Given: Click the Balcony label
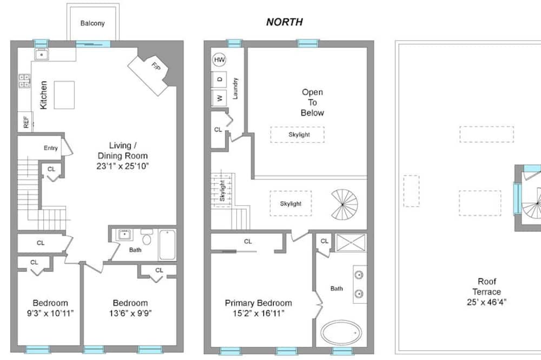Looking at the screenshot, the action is tap(93, 23).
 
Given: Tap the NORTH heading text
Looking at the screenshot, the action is tap(285, 22).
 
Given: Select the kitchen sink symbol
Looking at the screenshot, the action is tap(42, 55).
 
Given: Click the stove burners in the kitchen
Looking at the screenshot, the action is tap(24, 81).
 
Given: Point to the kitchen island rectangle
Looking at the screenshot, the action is tap(64, 95).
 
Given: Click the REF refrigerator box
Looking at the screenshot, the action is tap(25, 122).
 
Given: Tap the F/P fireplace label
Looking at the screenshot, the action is tap(156, 65).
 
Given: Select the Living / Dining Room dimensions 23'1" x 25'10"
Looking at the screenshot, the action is tap(122, 166).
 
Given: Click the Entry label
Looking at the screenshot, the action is tap(51, 148).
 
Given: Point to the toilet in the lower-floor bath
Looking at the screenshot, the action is tap(147, 237).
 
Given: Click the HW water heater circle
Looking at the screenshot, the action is tap(219, 60).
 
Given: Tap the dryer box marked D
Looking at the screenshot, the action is tap(219, 79).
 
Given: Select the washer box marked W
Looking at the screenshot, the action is tap(219, 98).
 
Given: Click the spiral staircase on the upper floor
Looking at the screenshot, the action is tap(344, 204).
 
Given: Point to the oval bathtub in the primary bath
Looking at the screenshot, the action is tap(341, 333).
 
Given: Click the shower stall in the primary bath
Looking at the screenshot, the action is tap(351, 243).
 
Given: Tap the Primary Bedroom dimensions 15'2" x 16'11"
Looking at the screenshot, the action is tap(259, 314).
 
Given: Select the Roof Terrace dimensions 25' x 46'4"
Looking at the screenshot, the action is tap(486, 302).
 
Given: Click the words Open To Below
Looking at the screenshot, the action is tap(312, 102).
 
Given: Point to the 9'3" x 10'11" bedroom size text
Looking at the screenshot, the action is tap(50, 314).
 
